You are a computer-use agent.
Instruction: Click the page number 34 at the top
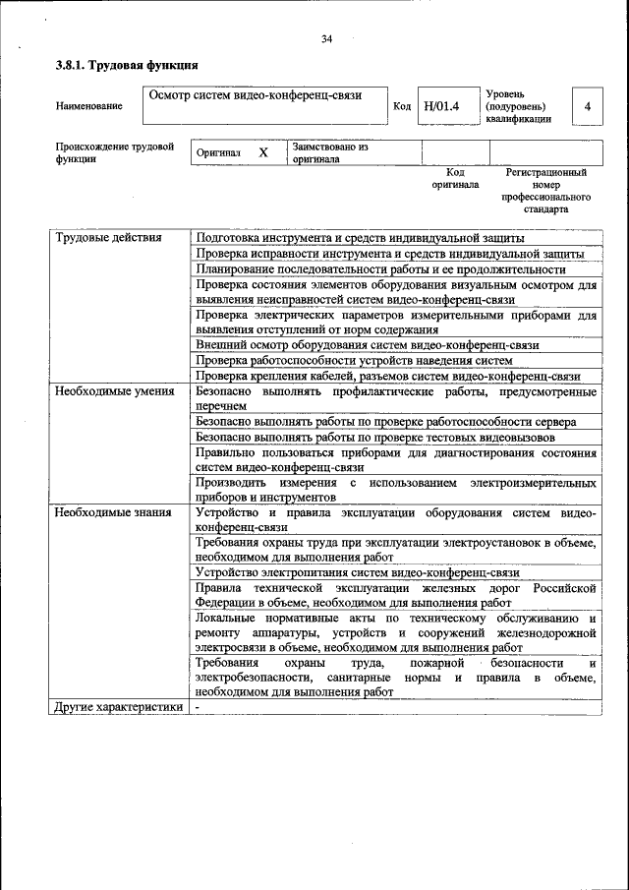326,39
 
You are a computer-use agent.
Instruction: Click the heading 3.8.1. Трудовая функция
127,65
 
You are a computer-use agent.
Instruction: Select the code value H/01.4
441,105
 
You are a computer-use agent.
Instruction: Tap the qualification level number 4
587,105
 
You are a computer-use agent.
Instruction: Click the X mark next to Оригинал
262,152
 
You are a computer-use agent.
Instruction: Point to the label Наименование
89,106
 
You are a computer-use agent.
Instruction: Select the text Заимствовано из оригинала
329,152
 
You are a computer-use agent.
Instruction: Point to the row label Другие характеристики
118,707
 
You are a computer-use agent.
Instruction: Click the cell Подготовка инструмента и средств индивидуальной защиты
360,238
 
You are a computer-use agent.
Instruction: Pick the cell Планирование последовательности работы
380,268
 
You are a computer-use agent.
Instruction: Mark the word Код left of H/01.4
402,106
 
